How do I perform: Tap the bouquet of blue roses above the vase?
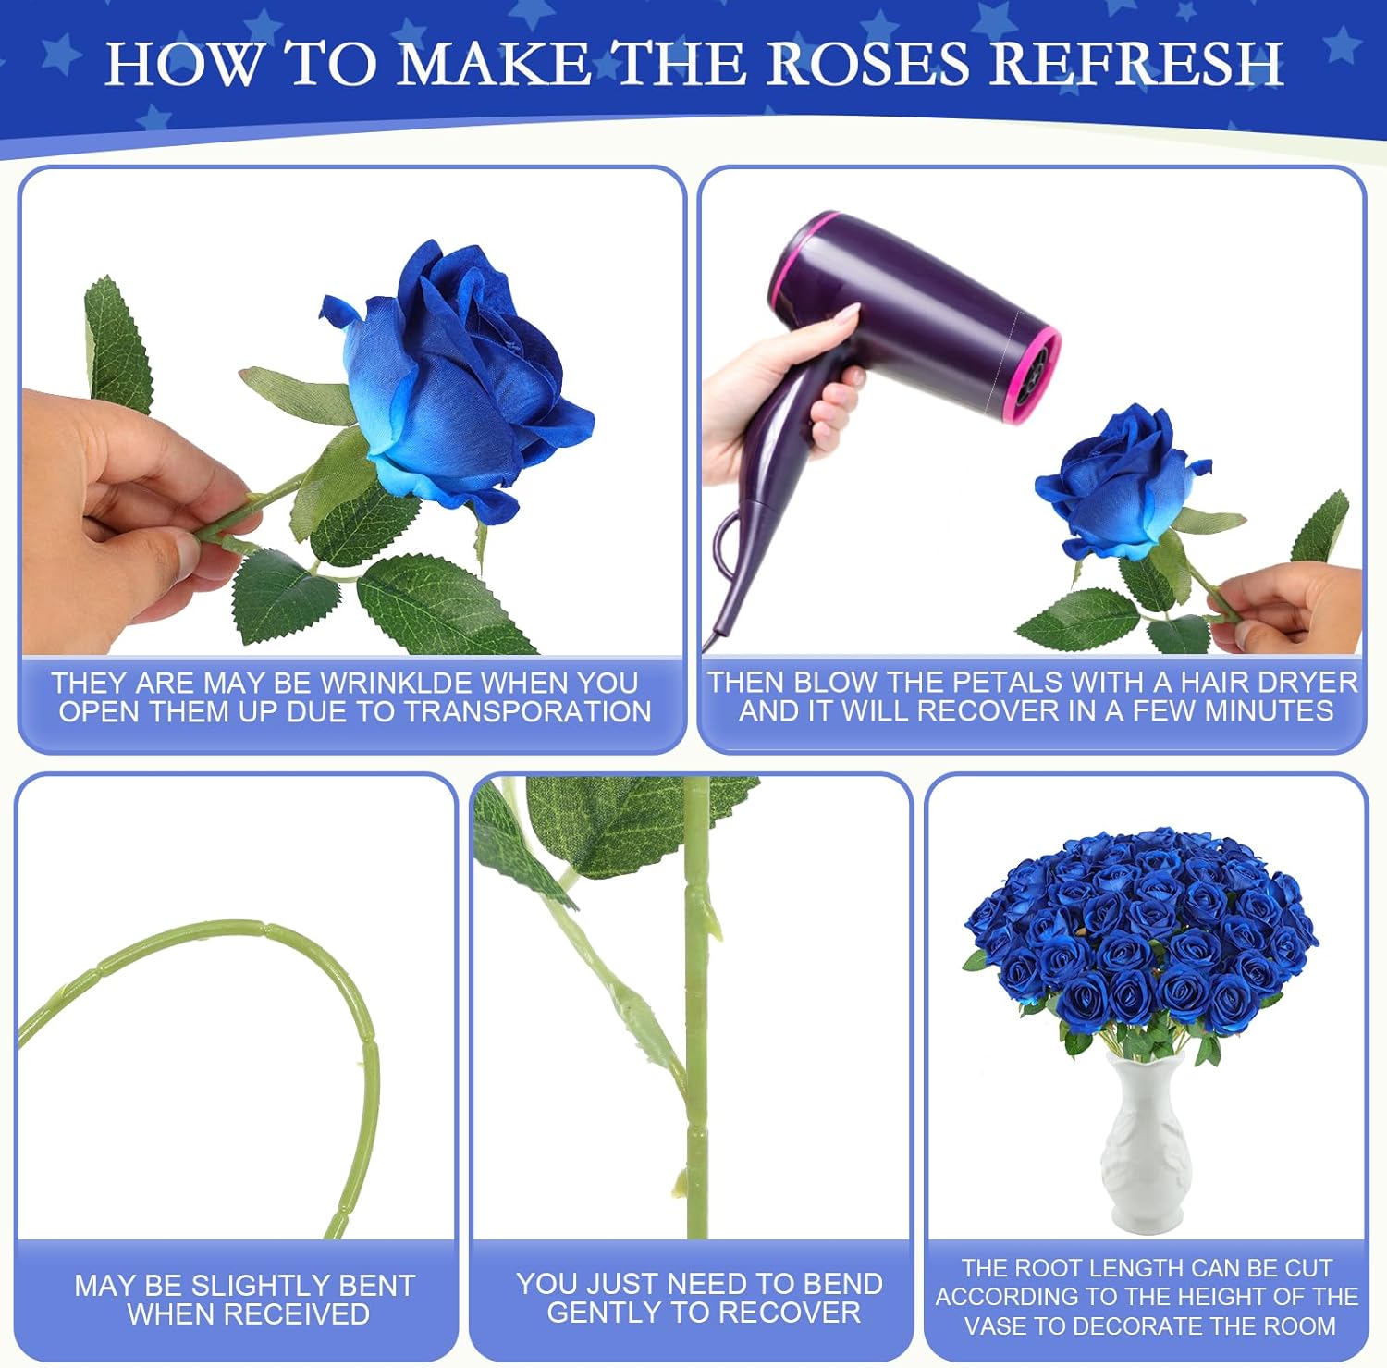tap(1142, 934)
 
